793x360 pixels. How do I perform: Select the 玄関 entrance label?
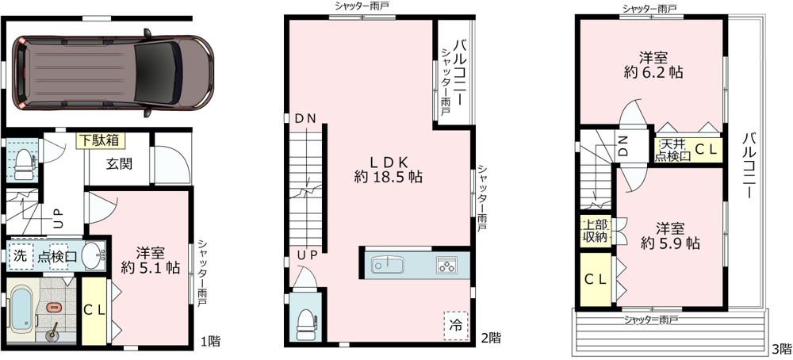[x=120, y=165]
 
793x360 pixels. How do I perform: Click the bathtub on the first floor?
[x=21, y=309]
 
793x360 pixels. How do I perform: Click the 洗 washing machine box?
[x=21, y=256]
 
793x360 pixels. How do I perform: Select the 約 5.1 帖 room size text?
[x=151, y=268]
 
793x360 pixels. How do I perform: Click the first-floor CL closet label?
[x=94, y=312]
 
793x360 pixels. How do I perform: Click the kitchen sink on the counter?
[x=388, y=264]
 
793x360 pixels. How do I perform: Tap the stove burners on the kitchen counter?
[x=446, y=265]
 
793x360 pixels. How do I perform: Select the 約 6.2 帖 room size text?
[x=653, y=73]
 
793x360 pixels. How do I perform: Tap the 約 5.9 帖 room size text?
[x=671, y=243]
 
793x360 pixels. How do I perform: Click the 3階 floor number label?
[x=781, y=349]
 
